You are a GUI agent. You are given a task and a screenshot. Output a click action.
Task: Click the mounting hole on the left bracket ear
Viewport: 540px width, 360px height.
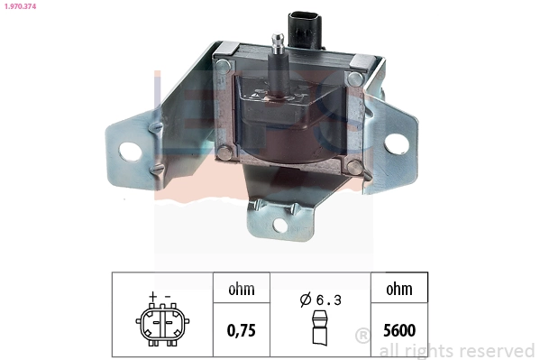[x=132, y=150]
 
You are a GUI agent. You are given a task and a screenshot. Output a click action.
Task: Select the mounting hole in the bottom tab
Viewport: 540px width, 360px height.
[x=280, y=223]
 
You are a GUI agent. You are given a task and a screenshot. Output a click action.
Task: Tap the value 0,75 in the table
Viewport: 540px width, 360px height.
[x=240, y=329]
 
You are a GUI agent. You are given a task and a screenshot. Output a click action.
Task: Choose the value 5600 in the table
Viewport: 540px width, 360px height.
[x=398, y=329]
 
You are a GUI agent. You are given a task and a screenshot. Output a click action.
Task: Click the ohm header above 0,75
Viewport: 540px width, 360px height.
[x=240, y=290]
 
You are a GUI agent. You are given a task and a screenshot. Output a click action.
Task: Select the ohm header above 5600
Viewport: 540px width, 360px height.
[x=398, y=290]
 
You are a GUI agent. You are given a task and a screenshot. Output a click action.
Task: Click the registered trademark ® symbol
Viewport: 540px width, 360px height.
[x=363, y=336]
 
